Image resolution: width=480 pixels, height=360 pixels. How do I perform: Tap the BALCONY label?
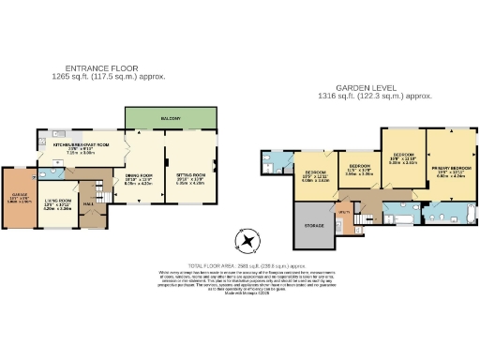pos(171,117)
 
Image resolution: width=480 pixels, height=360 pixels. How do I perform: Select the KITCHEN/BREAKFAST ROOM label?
pos(82,144)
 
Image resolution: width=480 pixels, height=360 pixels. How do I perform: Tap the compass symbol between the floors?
pos(247,241)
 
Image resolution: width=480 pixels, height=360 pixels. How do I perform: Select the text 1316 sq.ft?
pos(334,96)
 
